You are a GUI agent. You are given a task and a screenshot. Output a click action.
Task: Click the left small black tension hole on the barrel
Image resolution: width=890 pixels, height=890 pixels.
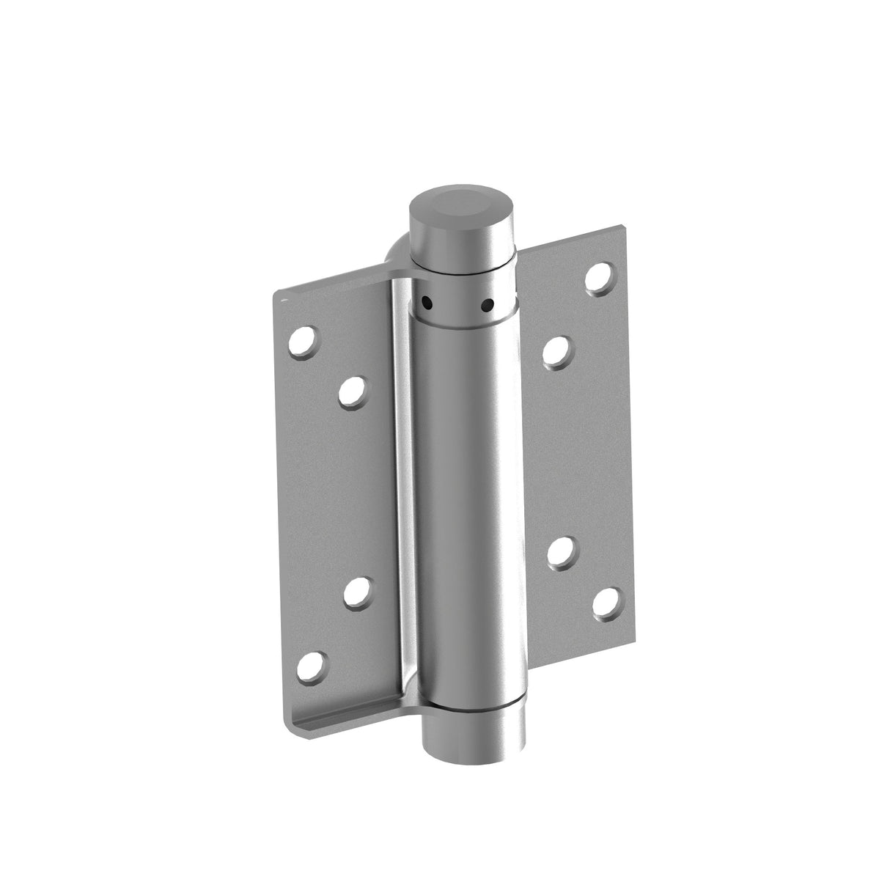pyautogui.click(x=424, y=301)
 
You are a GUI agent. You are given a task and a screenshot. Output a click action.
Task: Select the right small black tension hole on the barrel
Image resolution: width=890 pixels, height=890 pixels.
pyautogui.click(x=486, y=304)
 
